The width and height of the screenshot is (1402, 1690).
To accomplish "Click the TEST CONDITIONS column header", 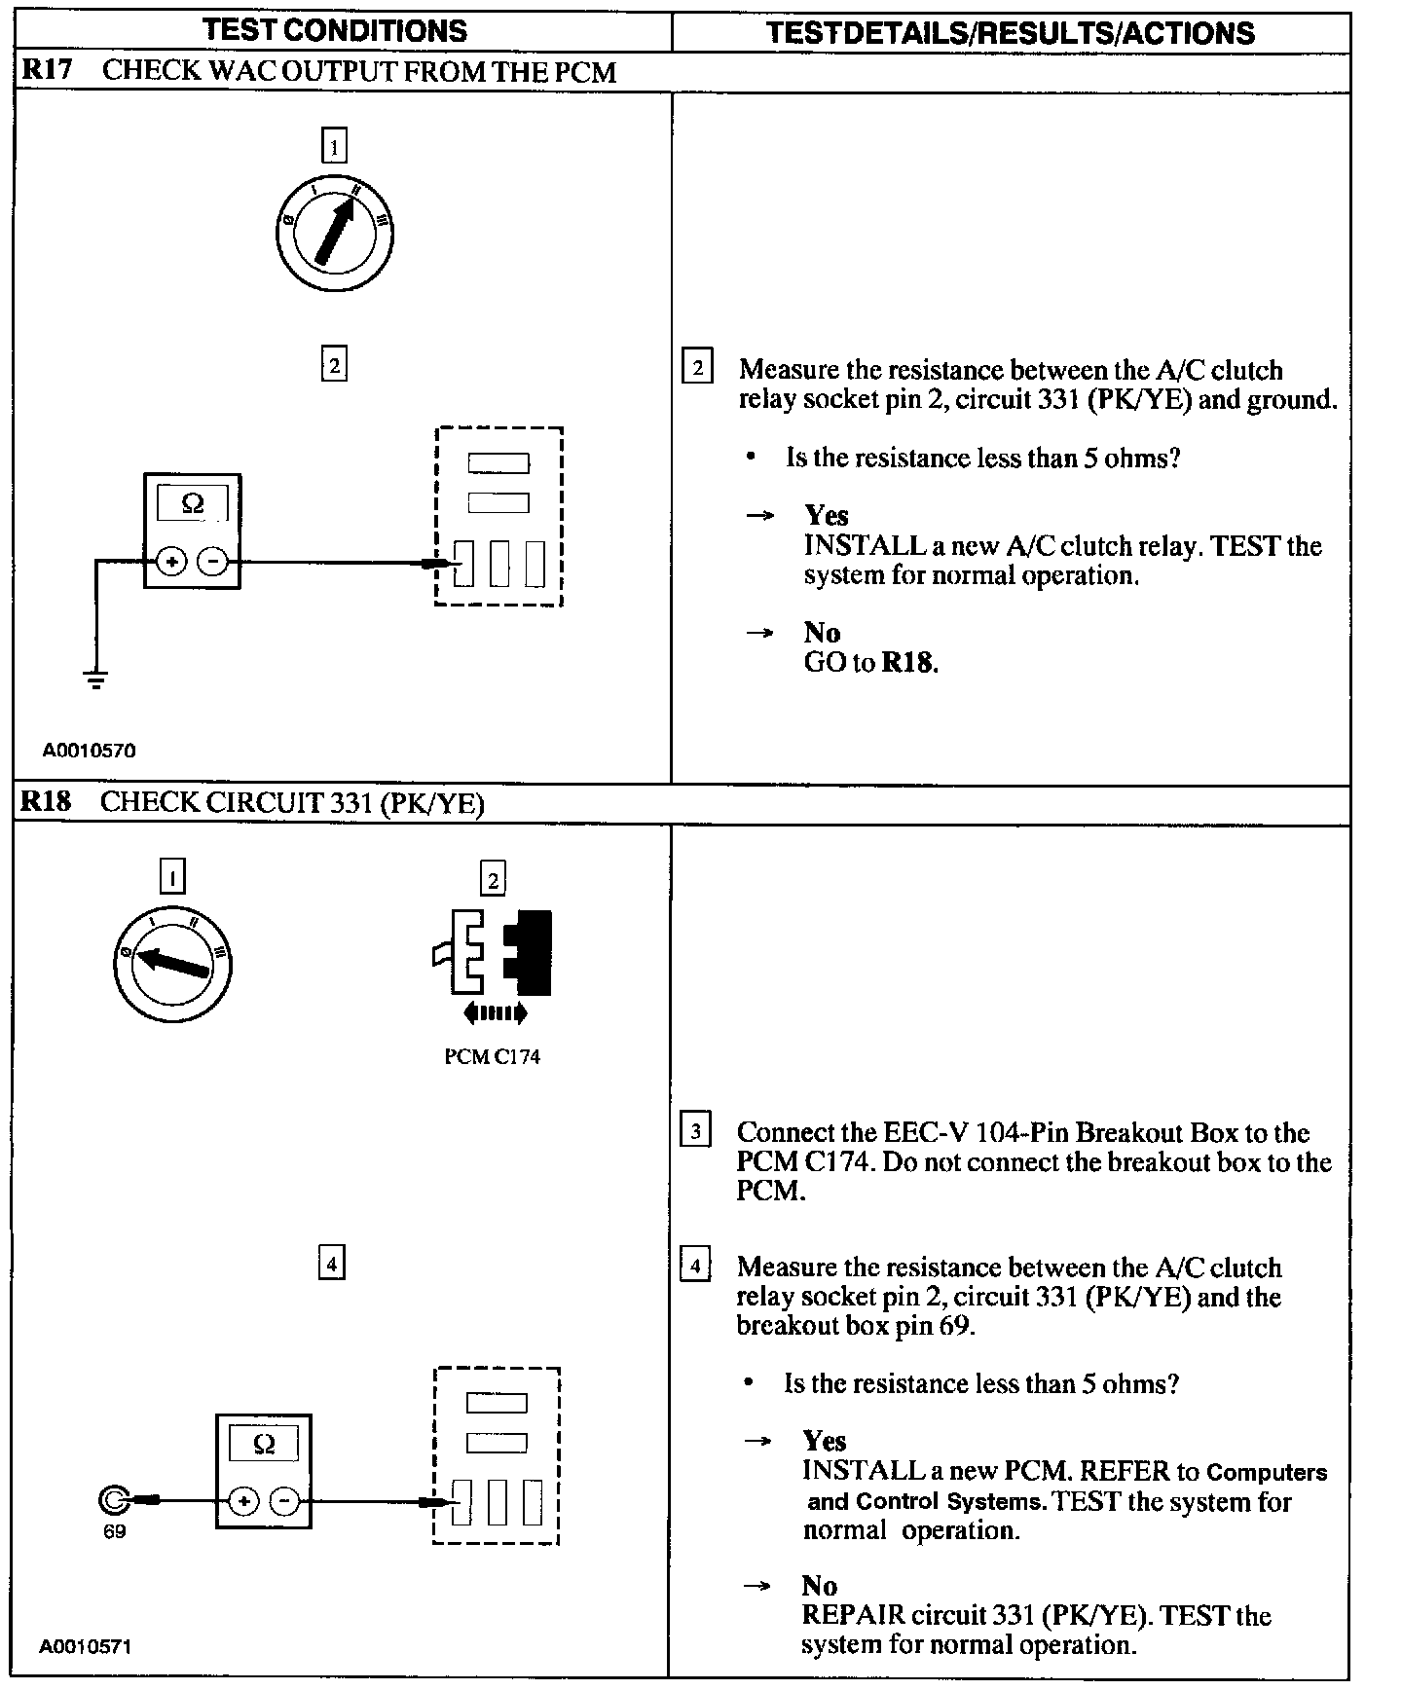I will click(335, 31).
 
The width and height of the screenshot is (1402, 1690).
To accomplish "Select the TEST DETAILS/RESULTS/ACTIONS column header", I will click(1010, 33).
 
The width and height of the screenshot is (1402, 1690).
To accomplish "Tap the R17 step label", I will click(47, 70).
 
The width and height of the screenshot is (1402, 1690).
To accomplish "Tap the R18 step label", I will click(47, 801).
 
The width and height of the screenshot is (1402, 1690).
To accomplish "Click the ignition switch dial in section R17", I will click(334, 234).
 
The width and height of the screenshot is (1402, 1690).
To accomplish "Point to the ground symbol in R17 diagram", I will click(95, 680).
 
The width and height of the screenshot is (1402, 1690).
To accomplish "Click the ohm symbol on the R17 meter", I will click(193, 504).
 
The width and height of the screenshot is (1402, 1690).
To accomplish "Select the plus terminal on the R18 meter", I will click(243, 1502).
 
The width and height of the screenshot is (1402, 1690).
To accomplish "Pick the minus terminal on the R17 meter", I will click(213, 562).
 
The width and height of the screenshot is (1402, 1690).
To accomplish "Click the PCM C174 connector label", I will click(492, 1057).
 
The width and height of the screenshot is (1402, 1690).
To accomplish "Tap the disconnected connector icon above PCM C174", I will click(493, 959).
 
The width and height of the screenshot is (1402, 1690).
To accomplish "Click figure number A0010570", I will click(89, 751).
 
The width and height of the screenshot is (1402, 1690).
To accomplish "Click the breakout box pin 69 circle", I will click(114, 1501).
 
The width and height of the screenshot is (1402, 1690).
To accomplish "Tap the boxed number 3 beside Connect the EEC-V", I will click(694, 1131).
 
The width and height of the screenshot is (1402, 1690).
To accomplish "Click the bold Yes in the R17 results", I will click(826, 515).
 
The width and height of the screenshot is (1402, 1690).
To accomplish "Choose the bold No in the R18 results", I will click(819, 1587).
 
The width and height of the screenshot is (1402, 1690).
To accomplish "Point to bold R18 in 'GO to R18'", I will click(908, 663).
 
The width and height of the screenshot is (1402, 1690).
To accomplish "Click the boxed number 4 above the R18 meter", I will click(332, 1264).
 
